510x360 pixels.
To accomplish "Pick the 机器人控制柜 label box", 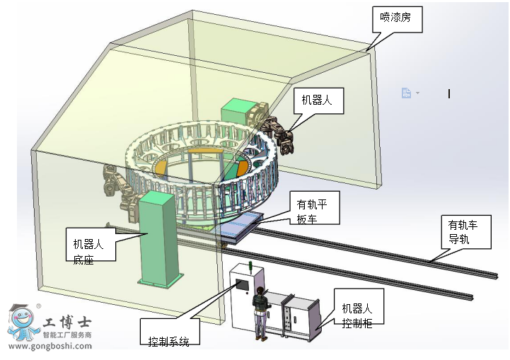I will pos(357,315).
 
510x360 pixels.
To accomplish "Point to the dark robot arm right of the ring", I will pos(277,132).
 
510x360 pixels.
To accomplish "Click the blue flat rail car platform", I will pos(240,226).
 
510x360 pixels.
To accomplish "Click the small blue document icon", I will pos(406,93).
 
